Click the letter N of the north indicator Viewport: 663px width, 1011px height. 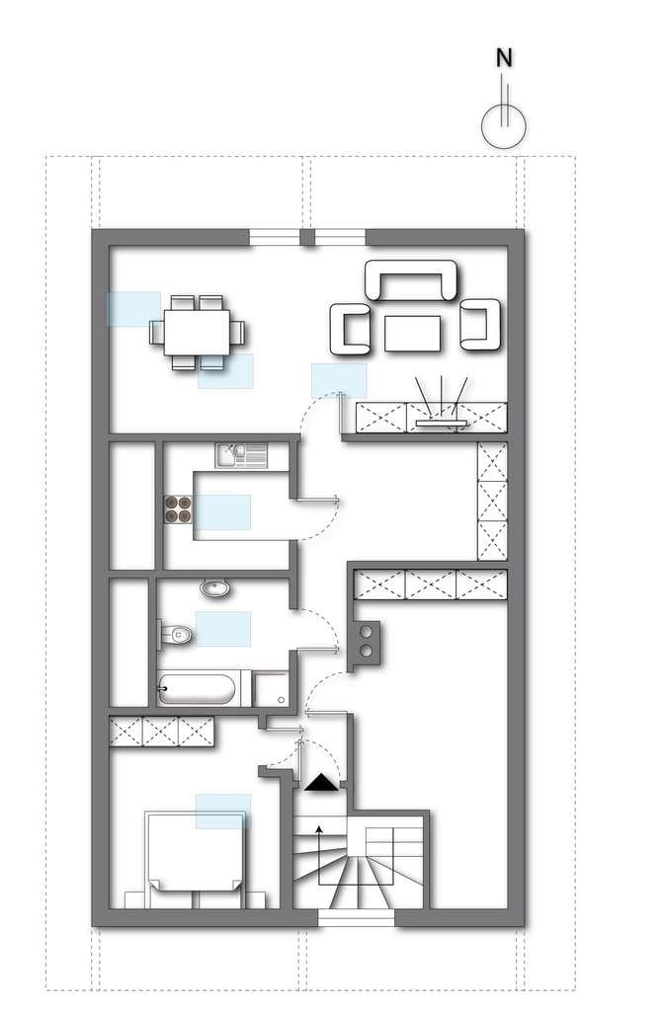504,58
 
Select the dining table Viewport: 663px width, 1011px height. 197,332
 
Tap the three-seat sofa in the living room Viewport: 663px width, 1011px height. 411,279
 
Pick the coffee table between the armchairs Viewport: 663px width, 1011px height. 412,334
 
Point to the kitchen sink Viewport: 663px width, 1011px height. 241,455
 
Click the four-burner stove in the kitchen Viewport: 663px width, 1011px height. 178,508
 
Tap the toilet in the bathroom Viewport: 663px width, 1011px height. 176,635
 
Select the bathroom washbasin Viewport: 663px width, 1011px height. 215,588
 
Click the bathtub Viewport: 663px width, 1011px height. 197,688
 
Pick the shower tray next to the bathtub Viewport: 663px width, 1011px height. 271,688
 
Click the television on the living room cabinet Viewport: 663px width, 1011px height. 441,423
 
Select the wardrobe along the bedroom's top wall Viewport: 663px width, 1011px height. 161,732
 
